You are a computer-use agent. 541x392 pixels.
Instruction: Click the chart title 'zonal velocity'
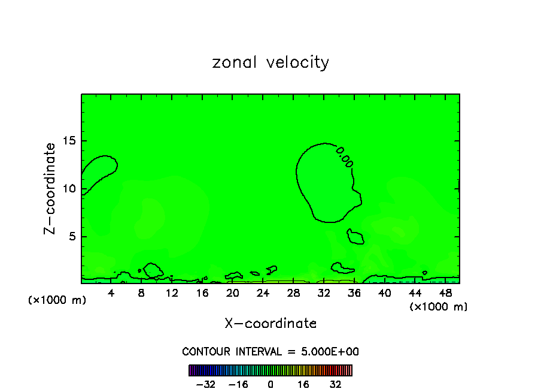point(270,62)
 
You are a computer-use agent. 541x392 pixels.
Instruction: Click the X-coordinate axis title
point(270,324)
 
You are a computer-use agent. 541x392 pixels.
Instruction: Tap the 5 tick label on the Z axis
point(72,237)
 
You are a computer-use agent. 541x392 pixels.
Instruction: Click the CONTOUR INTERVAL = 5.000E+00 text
point(270,352)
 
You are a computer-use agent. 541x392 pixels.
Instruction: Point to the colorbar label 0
point(270,384)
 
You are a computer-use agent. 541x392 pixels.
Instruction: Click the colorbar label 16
point(303,384)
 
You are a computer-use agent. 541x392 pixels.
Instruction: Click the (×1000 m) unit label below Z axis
point(57,300)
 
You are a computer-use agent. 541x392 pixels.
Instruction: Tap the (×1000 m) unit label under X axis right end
point(438,307)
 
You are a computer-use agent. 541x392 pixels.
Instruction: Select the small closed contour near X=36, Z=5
point(355,237)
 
